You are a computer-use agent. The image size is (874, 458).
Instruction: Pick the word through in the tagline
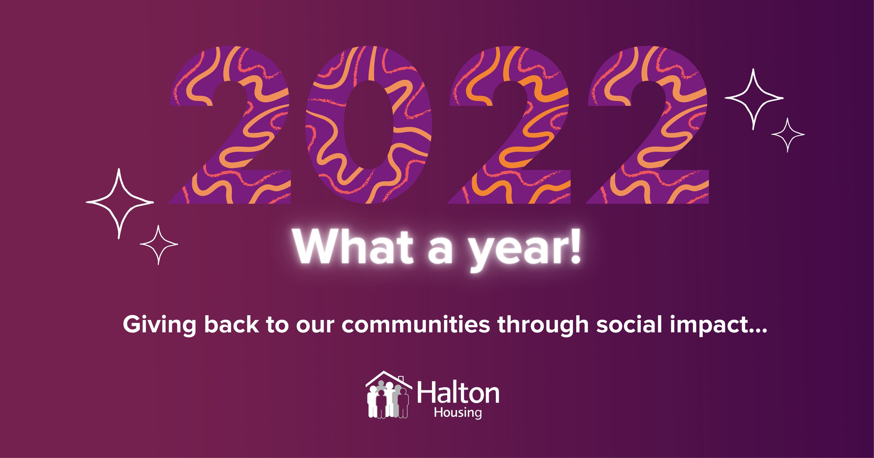543,325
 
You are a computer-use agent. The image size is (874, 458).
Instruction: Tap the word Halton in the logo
458,393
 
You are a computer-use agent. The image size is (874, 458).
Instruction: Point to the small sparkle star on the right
788,135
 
